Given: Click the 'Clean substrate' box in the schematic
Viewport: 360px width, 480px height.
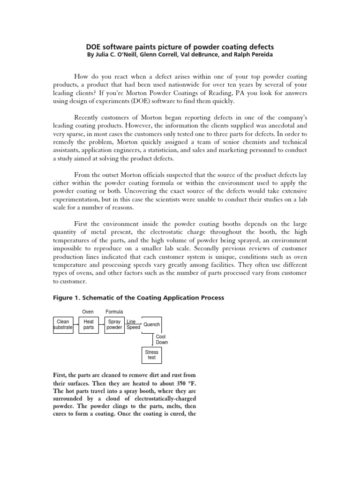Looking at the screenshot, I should [x=63, y=325].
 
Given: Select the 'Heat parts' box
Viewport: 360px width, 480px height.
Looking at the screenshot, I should [x=89, y=325].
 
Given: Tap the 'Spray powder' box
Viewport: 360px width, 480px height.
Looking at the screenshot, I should [x=114, y=325].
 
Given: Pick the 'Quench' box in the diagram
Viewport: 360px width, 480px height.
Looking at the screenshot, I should [x=151, y=324].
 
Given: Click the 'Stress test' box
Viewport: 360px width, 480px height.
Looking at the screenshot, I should [x=151, y=355].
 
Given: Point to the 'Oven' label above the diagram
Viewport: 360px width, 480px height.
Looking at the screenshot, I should [x=88, y=312].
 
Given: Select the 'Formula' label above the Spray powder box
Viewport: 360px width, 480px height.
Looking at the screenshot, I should [x=114, y=312].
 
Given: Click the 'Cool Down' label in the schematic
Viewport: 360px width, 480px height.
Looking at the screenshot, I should [x=161, y=339].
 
